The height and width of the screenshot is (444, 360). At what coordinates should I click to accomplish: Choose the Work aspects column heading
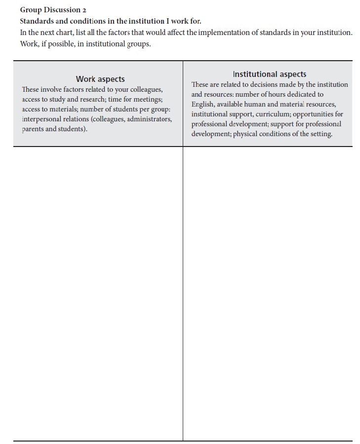pyautogui.click(x=100, y=79)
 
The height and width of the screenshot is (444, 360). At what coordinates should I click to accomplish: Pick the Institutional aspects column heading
pyautogui.click(x=269, y=74)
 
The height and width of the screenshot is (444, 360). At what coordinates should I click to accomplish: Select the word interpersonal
pyautogui.click(x=41, y=119)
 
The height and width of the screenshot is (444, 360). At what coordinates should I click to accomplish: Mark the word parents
pyautogui.click(x=33, y=129)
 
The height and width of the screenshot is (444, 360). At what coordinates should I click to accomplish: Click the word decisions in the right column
pyautogui.click(x=257, y=85)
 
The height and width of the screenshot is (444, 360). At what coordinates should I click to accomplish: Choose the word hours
pyautogui.click(x=288, y=94)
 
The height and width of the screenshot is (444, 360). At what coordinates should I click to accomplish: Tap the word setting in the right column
pyautogui.click(x=320, y=134)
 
